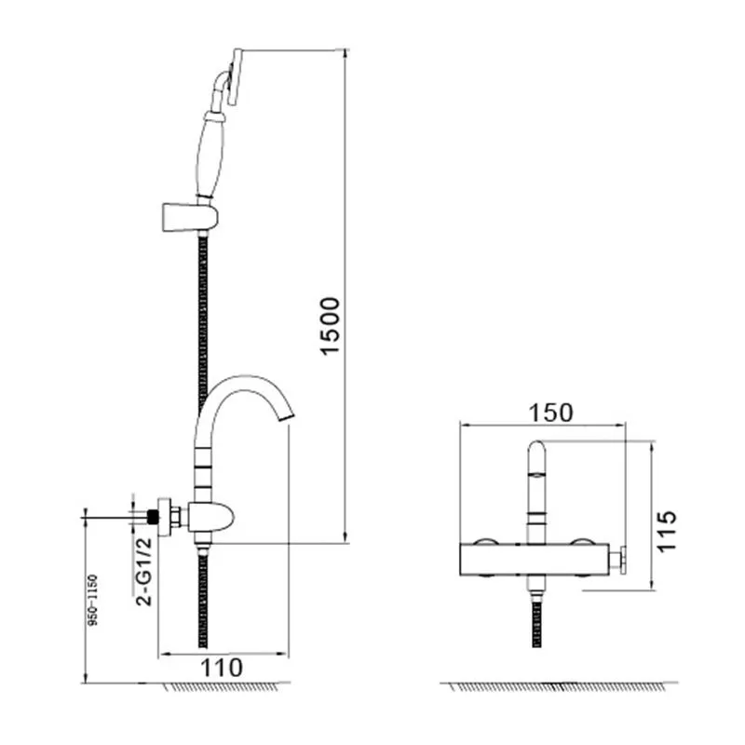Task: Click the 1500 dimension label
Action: pos(331,326)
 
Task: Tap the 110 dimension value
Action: pos(222,668)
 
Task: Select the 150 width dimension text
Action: pos(551,413)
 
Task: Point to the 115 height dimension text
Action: pos(666,531)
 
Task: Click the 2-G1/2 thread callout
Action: pos(144,571)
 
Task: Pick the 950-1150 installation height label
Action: pos(93,600)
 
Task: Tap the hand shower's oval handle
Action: pos(210,156)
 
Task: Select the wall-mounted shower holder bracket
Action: pos(190,217)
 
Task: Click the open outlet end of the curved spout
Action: pos(285,416)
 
